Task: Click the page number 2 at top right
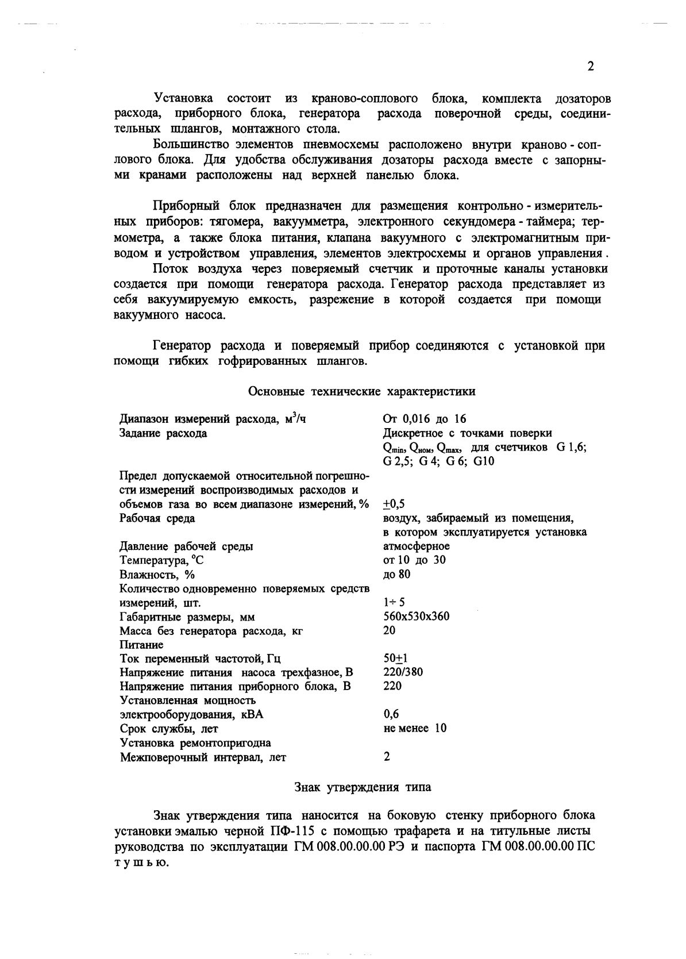click(590, 67)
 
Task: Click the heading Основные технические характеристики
click(361, 392)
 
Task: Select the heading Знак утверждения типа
click(363, 787)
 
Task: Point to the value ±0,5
click(394, 504)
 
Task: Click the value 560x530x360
click(416, 617)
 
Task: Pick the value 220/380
click(403, 672)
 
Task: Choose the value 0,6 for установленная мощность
click(391, 714)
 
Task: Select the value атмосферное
click(416, 546)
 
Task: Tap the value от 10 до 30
click(414, 560)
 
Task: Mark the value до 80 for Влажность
click(396, 574)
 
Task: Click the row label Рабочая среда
click(157, 518)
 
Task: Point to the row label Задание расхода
click(163, 433)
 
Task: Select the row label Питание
click(141, 645)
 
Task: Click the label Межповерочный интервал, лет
click(203, 757)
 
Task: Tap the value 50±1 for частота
click(395, 658)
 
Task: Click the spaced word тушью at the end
click(141, 862)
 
